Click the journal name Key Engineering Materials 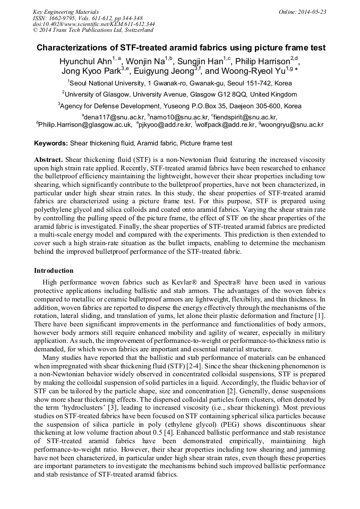pos(66,11)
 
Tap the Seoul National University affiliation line pos(180,83)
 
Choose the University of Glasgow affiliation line pos(180,94)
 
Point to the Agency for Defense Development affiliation pos(180,106)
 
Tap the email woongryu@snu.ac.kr pos(292,125)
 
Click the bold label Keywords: pos(51,143)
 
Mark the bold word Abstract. pos(48,159)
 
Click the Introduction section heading pos(54,271)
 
